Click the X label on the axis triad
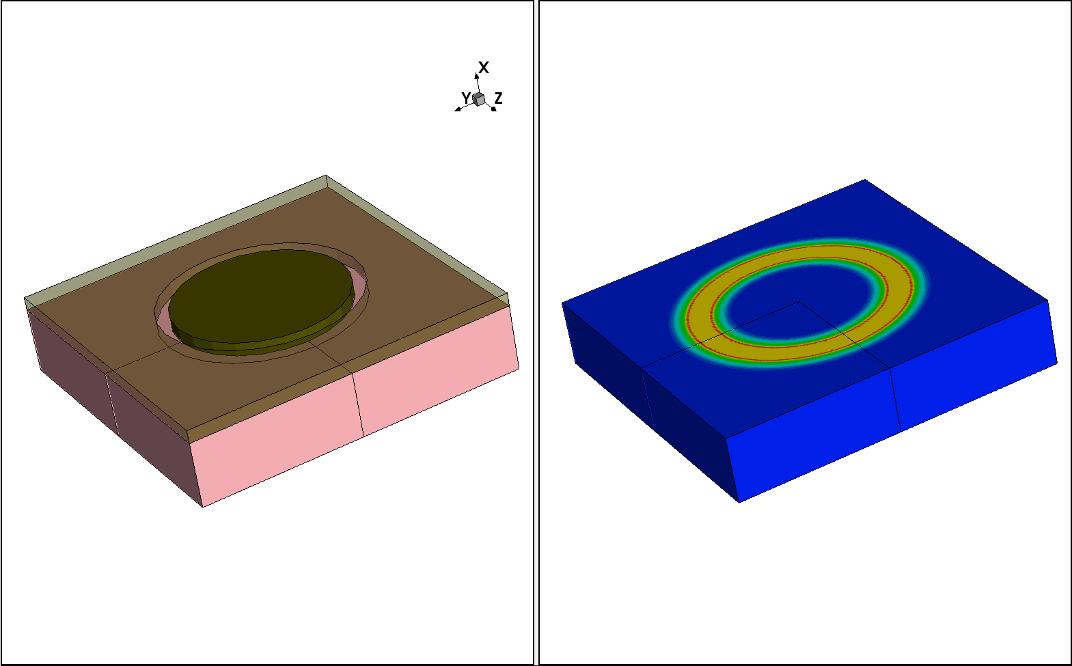[484, 68]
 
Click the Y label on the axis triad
[466, 98]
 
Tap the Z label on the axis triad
[498, 98]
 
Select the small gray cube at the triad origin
[478, 100]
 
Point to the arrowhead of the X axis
[476, 76]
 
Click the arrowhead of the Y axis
[458, 109]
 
